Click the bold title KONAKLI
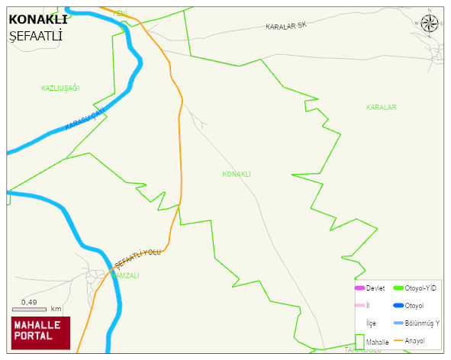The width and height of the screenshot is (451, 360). pyautogui.click(x=37, y=20)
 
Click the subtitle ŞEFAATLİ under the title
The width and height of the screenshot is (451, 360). pyautogui.click(x=35, y=36)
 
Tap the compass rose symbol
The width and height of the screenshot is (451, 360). pyautogui.click(x=430, y=23)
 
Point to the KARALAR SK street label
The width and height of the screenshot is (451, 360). pyautogui.click(x=285, y=26)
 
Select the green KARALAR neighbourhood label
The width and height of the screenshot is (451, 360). pyautogui.click(x=381, y=108)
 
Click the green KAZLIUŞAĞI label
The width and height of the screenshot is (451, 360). pyautogui.click(x=60, y=88)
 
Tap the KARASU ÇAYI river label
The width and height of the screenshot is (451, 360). pyautogui.click(x=83, y=119)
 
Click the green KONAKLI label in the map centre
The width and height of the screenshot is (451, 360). pyautogui.click(x=237, y=174)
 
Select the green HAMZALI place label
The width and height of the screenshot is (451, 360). pyautogui.click(x=127, y=275)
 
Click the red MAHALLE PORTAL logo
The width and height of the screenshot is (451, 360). pyautogui.click(x=40, y=333)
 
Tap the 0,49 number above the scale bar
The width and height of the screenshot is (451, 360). pyautogui.click(x=29, y=302)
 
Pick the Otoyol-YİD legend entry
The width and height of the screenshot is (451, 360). pyautogui.click(x=421, y=288)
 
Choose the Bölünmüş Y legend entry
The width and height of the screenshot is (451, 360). pyautogui.click(x=422, y=323)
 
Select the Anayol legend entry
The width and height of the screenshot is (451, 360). pyautogui.click(x=415, y=340)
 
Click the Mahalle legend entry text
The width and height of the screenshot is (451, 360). pyautogui.click(x=378, y=342)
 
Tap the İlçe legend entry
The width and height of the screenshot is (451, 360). pyautogui.click(x=372, y=323)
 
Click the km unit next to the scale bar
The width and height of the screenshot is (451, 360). pyautogui.click(x=56, y=309)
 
